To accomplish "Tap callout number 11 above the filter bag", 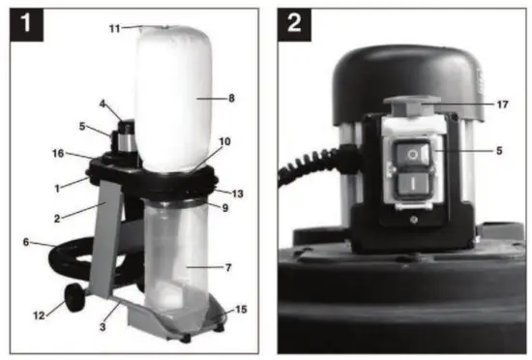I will (x=114, y=29).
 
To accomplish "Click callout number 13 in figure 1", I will (x=238, y=193).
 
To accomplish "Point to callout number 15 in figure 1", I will (x=236, y=309).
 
